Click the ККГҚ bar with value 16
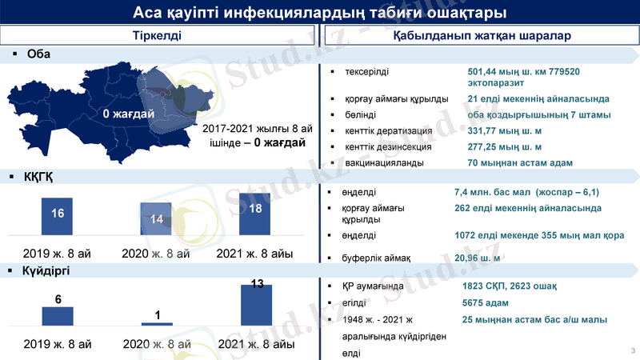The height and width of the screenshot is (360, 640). tap(58, 216)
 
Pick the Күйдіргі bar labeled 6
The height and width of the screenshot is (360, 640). tap(58, 315)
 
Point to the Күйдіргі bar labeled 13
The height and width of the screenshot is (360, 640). tap(257, 305)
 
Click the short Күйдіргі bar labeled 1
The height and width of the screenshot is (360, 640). tap(157, 323)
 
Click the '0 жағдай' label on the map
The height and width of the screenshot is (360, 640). tap(129, 114)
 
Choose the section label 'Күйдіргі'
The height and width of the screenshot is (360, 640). tap(46, 271)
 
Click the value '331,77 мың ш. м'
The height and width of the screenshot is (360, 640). tap(505, 131)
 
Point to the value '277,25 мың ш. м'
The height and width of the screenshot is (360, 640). tap(505, 147)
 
